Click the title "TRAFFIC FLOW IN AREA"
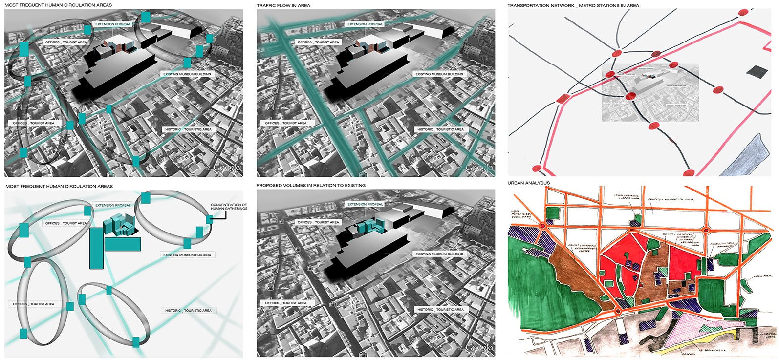pyautogui.click(x=283, y=6)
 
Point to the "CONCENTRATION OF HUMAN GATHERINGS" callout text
pyautogui.click(x=229, y=207)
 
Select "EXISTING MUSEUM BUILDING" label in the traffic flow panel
pyautogui.click(x=439, y=74)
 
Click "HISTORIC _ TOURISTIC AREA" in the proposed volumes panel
pyautogui.click(x=440, y=310)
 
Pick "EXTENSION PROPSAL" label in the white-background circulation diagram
pyautogui.click(x=113, y=205)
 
